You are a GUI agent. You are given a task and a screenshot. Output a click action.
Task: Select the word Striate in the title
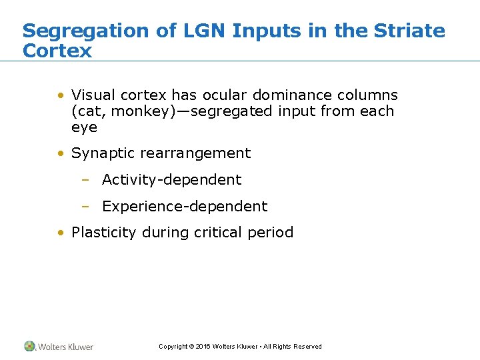tap(409, 31)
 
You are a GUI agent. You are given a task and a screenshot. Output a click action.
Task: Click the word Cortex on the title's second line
tap(57, 51)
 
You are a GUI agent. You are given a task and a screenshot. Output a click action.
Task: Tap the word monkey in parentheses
tap(133, 111)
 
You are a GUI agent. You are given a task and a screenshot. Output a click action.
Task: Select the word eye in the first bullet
tap(84, 127)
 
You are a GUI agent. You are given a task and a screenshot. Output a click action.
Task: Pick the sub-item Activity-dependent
tap(171, 180)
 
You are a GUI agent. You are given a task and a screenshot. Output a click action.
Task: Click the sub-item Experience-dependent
tap(184, 207)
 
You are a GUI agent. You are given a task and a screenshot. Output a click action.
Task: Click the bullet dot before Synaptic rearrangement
tap(61, 153)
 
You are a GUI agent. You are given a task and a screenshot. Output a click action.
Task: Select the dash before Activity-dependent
tap(85, 180)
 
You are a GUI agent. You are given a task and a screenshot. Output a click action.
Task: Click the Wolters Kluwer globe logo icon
tap(30, 346)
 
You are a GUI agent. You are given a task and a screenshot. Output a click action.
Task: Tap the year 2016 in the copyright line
tap(203, 347)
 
